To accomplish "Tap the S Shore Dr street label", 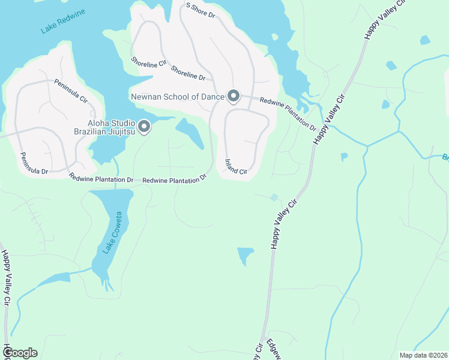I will tap(200, 10).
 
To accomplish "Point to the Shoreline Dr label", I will tap(188, 73).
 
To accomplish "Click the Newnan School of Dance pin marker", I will tap(233, 96).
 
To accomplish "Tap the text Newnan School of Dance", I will tap(176, 96).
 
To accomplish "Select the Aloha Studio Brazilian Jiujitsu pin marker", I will tap(144, 126).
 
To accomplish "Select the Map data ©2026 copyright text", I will tap(423, 355).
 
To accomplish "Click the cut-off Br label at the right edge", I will tap(445, 158).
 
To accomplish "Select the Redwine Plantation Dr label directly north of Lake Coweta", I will tap(101, 179).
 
